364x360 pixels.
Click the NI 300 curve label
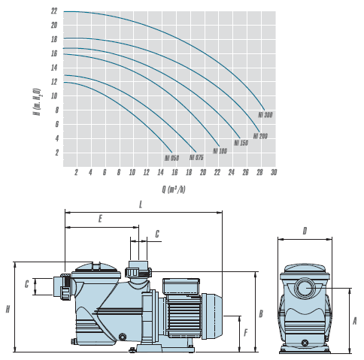click(265, 115)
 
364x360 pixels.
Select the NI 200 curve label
click(260, 136)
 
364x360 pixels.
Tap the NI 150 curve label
click(241, 143)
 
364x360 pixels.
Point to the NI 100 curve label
click(220, 151)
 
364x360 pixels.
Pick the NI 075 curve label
click(196, 157)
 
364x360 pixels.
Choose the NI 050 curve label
click(171, 158)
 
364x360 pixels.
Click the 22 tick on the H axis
click(54, 11)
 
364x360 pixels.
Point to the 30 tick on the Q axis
click(274, 172)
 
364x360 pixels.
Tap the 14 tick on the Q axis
click(160, 172)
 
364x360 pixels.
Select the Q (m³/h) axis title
click(174, 189)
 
